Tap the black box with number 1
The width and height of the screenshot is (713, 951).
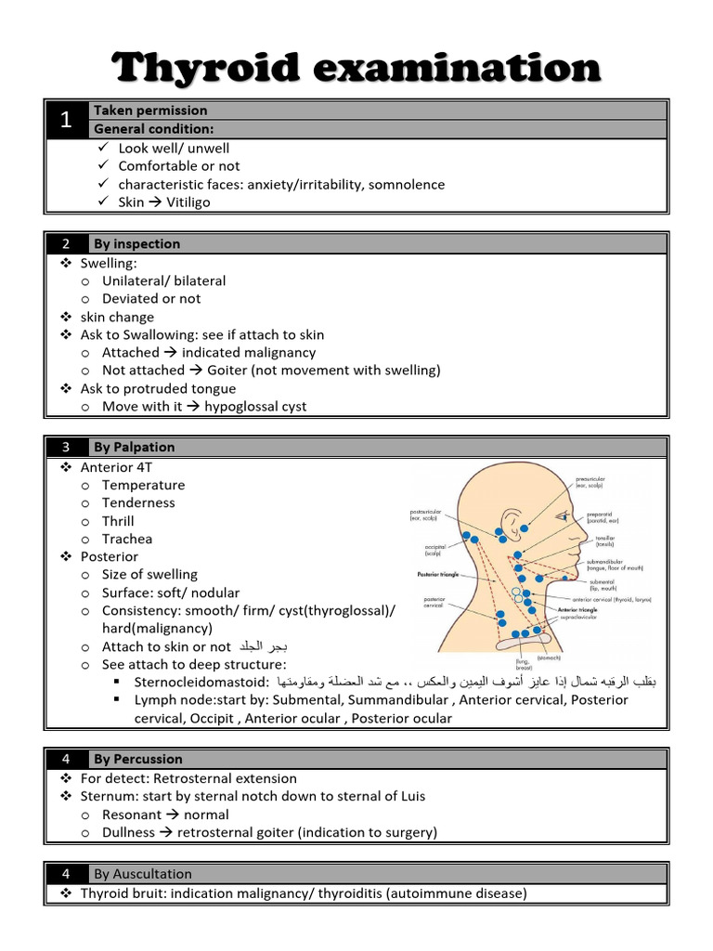click(x=66, y=120)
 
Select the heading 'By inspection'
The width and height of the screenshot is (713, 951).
click(x=136, y=243)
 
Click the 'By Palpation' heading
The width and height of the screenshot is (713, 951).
click(x=134, y=447)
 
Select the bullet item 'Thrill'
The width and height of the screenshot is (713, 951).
click(x=118, y=521)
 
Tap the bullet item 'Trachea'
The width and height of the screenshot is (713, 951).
click(x=127, y=539)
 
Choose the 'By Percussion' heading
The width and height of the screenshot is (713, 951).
click(x=137, y=759)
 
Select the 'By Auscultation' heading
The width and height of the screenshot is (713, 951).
click(x=142, y=873)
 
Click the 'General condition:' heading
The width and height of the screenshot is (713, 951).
click(x=153, y=129)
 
